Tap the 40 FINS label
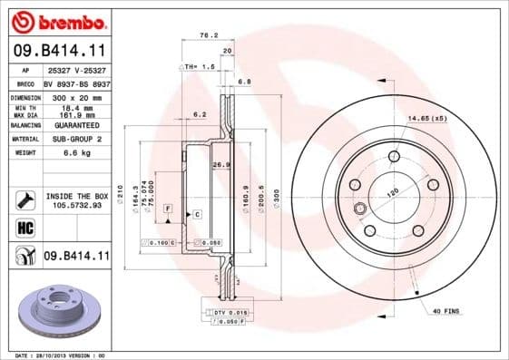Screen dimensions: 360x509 [445, 313]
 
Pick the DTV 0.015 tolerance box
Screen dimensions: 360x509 [227, 312]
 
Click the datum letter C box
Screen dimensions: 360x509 [195, 214]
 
